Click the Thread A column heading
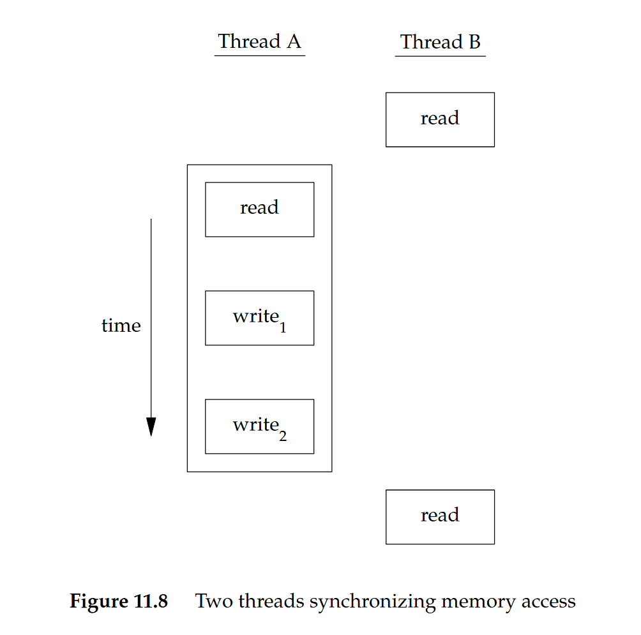259,41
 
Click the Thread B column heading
440,42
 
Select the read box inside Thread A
259,209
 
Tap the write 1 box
259,318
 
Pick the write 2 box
259,426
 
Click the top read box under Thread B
440,119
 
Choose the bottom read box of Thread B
440,516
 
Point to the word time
121,326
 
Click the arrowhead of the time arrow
151,426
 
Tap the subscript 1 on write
283,328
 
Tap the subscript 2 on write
283,437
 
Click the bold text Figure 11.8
118,601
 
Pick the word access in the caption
544,602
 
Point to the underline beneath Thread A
259,56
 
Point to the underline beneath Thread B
440,56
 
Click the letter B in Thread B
474,42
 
